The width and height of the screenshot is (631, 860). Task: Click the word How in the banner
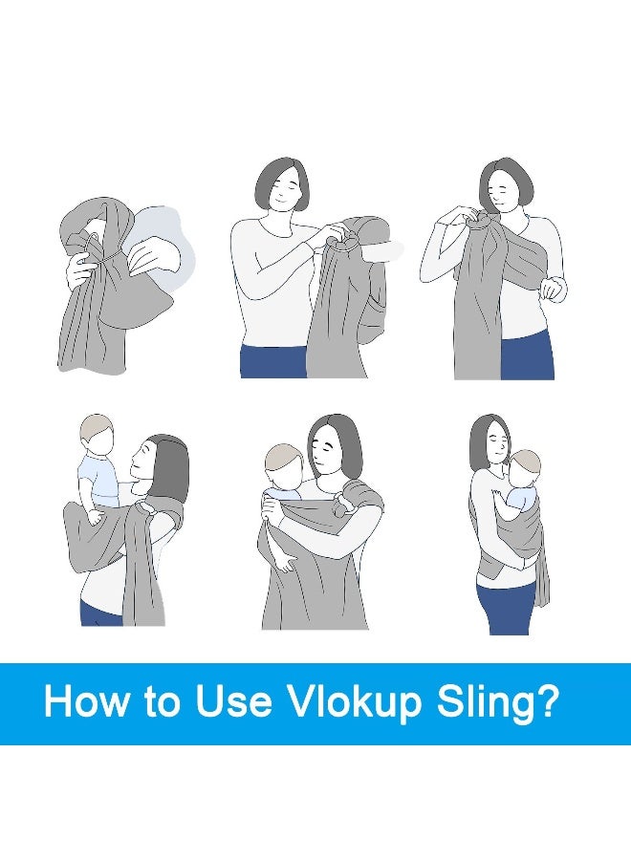(x=86, y=702)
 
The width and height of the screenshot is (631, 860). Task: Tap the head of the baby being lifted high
(x=97, y=435)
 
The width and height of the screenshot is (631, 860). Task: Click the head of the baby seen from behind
(x=282, y=468)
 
